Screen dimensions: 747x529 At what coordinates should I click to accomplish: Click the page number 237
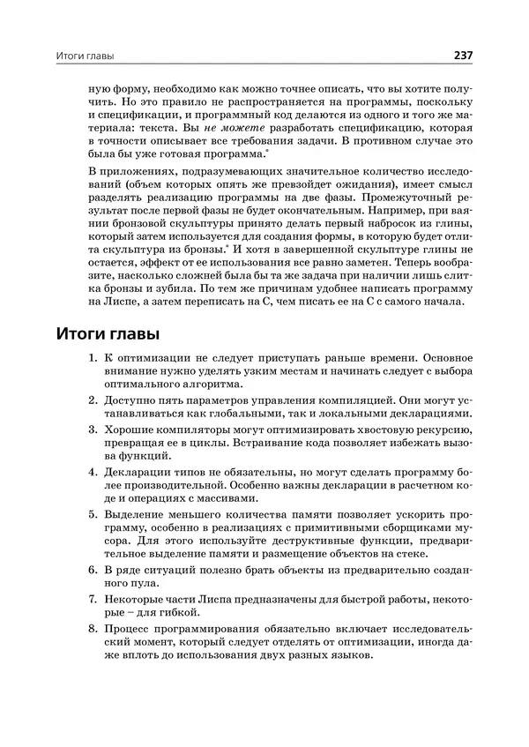[x=464, y=56]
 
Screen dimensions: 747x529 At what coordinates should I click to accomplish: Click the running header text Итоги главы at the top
[x=86, y=56]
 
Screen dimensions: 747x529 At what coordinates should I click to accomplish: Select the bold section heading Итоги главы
[x=108, y=335]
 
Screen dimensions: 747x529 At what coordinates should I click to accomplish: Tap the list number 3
[x=93, y=429]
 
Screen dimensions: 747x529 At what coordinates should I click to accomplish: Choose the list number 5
[x=93, y=513]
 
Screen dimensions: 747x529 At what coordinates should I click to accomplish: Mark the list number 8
[x=93, y=629]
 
